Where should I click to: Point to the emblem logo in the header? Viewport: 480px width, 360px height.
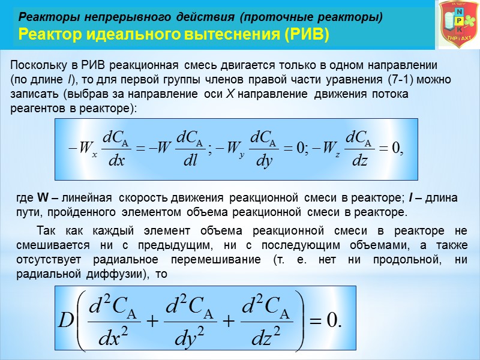[458, 25]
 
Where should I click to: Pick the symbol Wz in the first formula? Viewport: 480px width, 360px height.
[329, 147]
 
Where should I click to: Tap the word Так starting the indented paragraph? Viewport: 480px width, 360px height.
[47, 230]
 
